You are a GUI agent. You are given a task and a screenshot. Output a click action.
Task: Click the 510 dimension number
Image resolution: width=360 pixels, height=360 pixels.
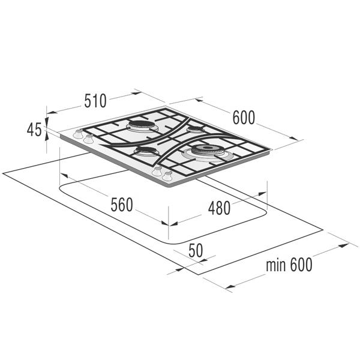click(95, 101)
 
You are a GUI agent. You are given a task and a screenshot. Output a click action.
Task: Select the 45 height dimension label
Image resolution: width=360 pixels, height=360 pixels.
click(34, 130)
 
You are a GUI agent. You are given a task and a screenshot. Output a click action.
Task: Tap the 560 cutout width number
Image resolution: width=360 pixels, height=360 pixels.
click(122, 205)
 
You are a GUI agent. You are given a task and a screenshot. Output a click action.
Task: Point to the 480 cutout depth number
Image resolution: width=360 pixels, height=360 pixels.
click(219, 208)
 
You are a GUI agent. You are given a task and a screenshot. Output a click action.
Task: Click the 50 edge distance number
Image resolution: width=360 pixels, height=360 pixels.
click(196, 250)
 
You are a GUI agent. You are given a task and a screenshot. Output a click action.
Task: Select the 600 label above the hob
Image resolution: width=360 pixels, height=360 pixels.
click(244, 118)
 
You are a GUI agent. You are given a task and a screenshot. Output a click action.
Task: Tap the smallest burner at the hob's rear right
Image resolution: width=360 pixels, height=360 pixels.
click(195, 129)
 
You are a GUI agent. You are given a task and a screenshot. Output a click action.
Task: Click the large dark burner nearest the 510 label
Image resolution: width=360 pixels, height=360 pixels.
click(140, 126)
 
